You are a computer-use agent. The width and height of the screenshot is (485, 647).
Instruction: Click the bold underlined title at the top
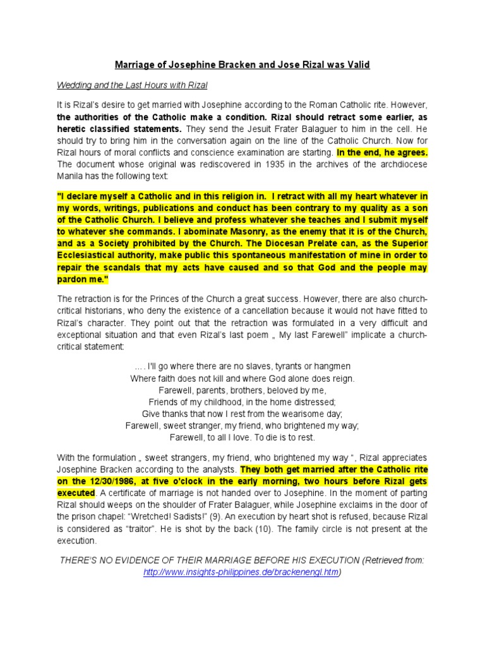242,65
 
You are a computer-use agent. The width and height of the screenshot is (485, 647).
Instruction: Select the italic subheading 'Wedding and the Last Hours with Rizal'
132,85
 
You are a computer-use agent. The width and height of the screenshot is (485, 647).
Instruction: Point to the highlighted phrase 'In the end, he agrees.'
383,152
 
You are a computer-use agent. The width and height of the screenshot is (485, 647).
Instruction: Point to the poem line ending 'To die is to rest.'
242,437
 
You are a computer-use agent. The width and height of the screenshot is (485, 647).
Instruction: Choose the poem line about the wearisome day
242,414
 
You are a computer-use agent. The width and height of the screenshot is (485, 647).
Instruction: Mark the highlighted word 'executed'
76,493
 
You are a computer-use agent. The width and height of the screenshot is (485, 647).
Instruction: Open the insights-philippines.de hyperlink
242,572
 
